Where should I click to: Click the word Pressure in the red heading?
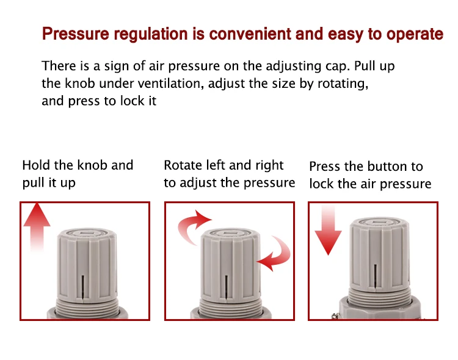(75, 34)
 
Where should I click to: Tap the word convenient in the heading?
(250, 34)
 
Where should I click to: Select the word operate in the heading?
(415, 35)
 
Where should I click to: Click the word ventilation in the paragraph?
(170, 84)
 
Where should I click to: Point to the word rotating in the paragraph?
(343, 84)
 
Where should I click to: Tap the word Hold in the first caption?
(36, 165)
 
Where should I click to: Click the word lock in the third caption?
(321, 184)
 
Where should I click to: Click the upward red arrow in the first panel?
(37, 226)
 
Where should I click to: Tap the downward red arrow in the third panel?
(328, 230)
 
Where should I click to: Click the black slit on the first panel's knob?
(82, 287)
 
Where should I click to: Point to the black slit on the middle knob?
(227, 287)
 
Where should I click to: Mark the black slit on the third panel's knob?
(376, 278)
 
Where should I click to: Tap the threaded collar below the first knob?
(87, 306)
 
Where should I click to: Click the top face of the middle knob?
(231, 234)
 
